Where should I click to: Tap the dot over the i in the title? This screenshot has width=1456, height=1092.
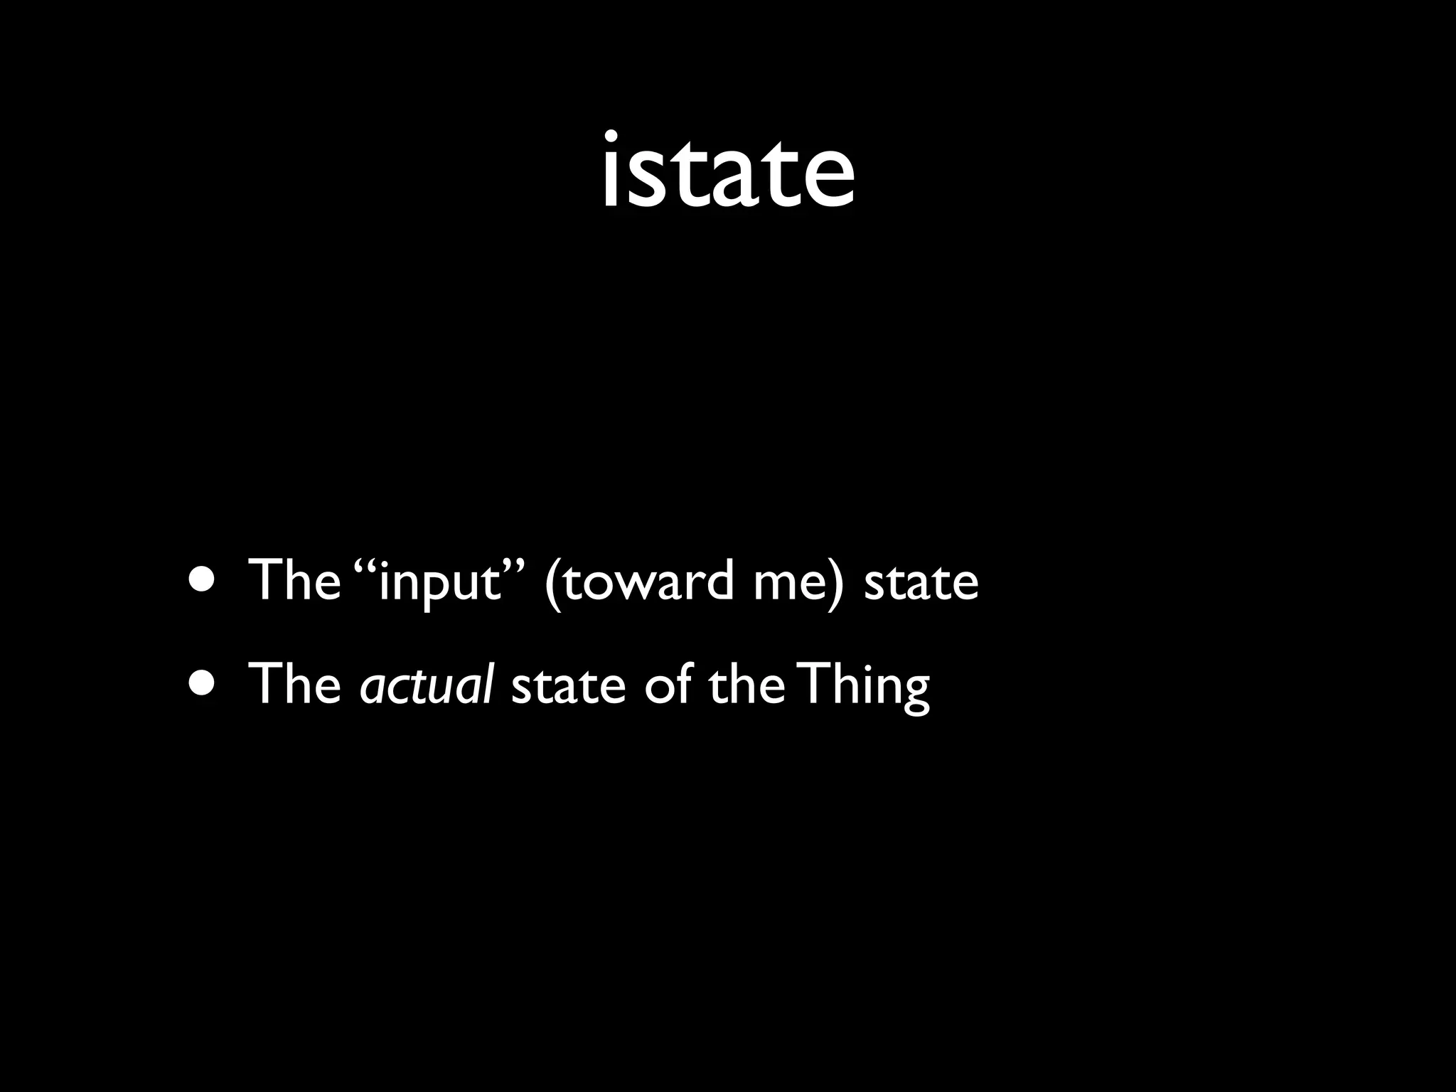[x=611, y=137]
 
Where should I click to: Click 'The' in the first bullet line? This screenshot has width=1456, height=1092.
[x=294, y=581]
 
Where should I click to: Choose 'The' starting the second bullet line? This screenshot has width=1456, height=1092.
[x=294, y=684]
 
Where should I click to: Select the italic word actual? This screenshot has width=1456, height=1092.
[x=426, y=685]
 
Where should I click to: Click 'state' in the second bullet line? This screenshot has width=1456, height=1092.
[x=568, y=686]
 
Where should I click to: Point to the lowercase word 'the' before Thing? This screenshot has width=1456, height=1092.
[x=746, y=684]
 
